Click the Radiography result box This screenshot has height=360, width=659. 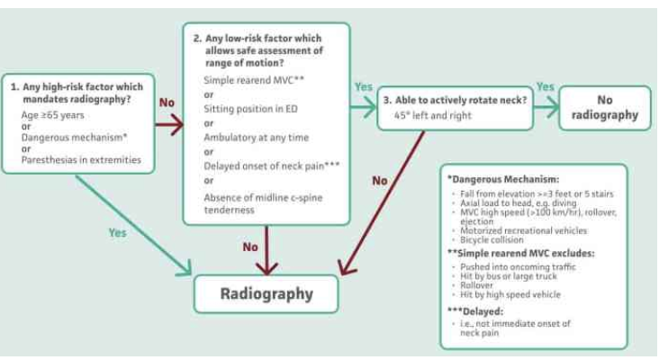266,293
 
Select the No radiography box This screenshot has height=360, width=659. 604,107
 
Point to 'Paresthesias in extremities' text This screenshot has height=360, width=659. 77,160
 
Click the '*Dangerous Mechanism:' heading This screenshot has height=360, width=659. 494,180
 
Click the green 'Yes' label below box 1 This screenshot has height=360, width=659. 117,232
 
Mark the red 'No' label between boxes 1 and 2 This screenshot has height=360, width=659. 167,103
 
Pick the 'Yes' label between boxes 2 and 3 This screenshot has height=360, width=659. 363,86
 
